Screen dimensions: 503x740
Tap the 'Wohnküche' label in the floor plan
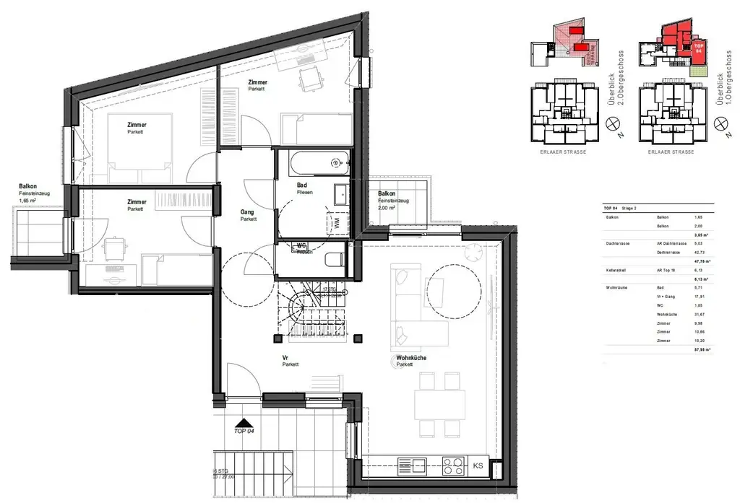tap(410, 360)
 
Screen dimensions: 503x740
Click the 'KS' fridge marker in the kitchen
tap(478, 466)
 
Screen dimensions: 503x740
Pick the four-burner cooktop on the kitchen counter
tap(453, 466)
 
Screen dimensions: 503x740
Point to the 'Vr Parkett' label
tap(290, 361)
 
